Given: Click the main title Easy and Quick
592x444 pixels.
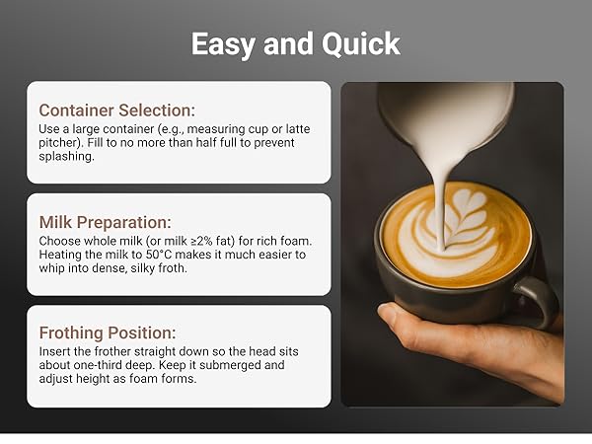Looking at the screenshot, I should (295, 44).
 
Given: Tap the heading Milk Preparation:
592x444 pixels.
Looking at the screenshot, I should (105, 222).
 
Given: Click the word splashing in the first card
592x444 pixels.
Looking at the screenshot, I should (67, 157).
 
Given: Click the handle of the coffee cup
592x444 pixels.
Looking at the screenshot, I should (541, 301).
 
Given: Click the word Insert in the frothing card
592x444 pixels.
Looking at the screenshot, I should (56, 351).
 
